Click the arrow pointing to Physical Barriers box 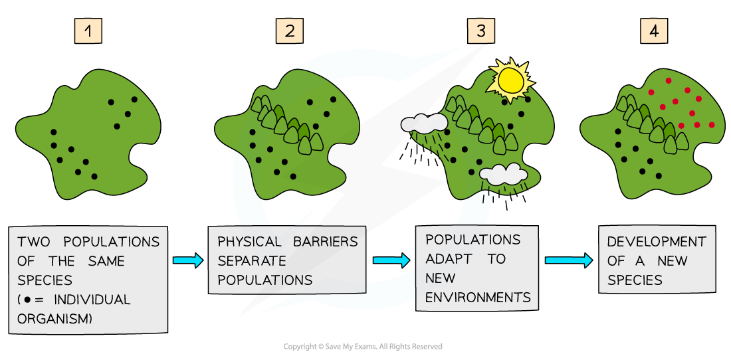click(x=188, y=260)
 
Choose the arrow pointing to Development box click(x=568, y=260)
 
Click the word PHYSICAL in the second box click(x=249, y=242)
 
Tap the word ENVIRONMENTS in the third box click(x=478, y=297)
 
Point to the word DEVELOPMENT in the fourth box click(x=657, y=242)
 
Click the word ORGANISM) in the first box click(x=54, y=319)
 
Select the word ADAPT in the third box click(x=448, y=258)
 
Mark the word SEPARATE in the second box click(x=252, y=261)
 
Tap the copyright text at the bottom click(x=363, y=347)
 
